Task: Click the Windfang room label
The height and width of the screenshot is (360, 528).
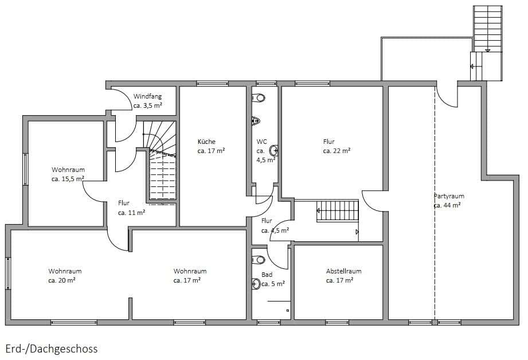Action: pyautogui.click(x=147, y=96)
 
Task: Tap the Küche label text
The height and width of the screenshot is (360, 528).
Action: pyautogui.click(x=206, y=142)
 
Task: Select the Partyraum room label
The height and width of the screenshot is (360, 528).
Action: pyautogui.click(x=449, y=196)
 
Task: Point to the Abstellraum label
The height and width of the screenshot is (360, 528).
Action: pyautogui.click(x=343, y=271)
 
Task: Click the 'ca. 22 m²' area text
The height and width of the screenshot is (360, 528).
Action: pyautogui.click(x=337, y=151)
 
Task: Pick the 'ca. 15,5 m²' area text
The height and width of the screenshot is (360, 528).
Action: pyautogui.click(x=68, y=179)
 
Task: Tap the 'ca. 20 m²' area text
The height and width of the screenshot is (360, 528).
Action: pyautogui.click(x=62, y=280)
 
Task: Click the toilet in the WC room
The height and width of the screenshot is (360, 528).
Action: pyautogui.click(x=259, y=98)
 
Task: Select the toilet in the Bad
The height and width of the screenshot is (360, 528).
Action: pyautogui.click(x=259, y=260)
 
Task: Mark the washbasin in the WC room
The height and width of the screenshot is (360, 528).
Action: pyautogui.click(x=274, y=151)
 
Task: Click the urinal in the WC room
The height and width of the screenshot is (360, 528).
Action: pyautogui.click(x=256, y=120)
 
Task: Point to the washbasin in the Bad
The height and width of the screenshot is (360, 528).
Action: pyautogui.click(x=256, y=284)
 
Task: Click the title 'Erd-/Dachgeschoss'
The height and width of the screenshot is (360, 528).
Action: pyautogui.click(x=52, y=349)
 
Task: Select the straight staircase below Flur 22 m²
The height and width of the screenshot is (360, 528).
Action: pyautogui.click(x=338, y=211)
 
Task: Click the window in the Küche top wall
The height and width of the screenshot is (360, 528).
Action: pyautogui.click(x=212, y=84)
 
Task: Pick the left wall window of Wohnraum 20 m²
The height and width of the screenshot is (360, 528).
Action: pyautogui.click(x=8, y=273)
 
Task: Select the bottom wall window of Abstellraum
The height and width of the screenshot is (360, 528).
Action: pyautogui.click(x=337, y=322)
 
